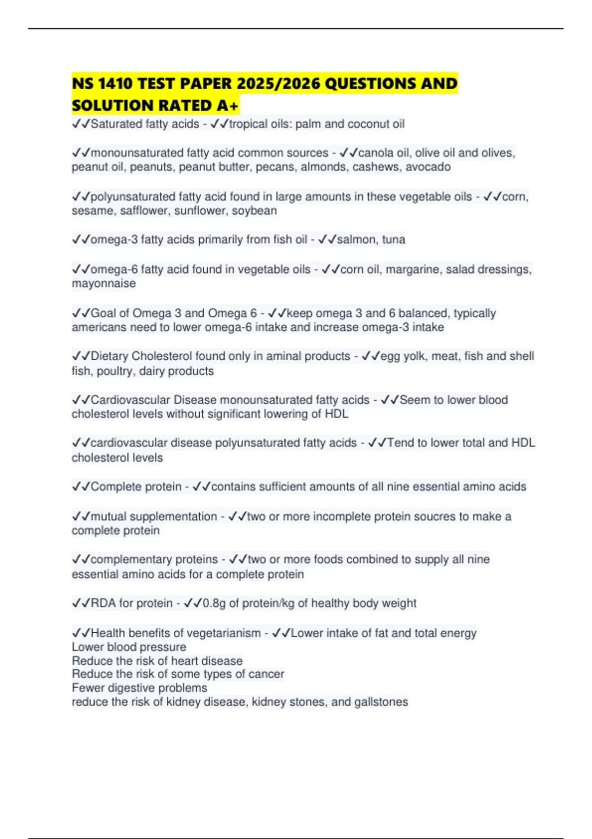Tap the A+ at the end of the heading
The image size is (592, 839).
(227, 106)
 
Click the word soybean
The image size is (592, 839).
(254, 211)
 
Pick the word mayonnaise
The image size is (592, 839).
(104, 284)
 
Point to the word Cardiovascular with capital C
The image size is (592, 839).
(130, 400)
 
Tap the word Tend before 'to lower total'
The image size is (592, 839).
(400, 443)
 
